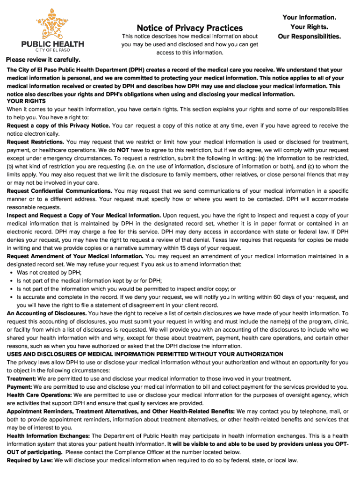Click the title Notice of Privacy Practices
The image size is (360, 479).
tap(189, 28)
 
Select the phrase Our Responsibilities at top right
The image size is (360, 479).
tap(309, 36)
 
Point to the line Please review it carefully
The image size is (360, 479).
tap(43, 60)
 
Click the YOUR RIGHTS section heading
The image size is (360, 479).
tap(26, 101)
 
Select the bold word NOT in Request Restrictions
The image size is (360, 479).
tap(123, 150)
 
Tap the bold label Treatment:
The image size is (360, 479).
tap(22, 378)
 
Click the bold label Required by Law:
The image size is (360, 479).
tap(30, 460)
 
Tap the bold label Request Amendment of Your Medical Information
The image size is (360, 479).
tap(75, 256)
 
